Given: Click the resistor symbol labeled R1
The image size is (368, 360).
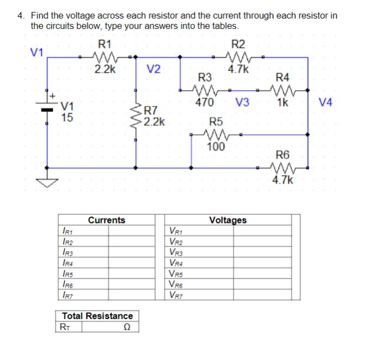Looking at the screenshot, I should tap(103, 55).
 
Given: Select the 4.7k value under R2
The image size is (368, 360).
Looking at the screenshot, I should tap(238, 69).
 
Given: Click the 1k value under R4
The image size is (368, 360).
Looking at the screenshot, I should tap(283, 102).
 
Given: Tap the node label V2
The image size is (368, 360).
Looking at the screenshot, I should tap(154, 69).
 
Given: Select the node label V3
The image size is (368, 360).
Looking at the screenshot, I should tap(243, 102).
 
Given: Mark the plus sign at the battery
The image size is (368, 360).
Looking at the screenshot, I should tap(53, 96).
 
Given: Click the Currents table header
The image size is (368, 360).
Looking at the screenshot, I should tap(106, 220).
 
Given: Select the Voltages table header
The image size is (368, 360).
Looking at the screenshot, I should tap(228, 220).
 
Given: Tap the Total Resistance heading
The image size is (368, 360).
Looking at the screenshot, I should tap(97, 316).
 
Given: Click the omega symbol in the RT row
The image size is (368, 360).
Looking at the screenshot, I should tap(126, 327).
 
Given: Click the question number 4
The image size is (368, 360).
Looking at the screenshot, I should tap(20, 15).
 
